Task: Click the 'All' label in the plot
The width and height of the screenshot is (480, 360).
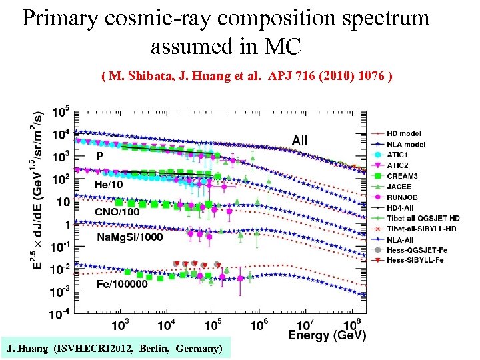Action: click(299, 140)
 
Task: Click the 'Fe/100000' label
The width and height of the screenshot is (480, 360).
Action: click(122, 285)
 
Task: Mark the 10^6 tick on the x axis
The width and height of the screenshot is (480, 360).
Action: click(259, 325)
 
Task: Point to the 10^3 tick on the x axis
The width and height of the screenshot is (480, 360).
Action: click(120, 325)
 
